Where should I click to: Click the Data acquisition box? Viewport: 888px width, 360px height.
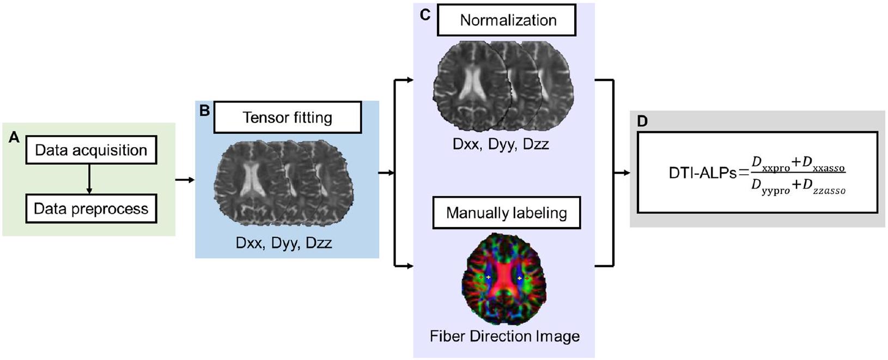click(91, 150)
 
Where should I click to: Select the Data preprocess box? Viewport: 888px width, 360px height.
click(91, 209)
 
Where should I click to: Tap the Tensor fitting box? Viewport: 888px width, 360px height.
click(287, 117)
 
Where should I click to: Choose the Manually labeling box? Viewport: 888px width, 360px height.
click(506, 212)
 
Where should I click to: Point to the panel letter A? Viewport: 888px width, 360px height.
click(14, 138)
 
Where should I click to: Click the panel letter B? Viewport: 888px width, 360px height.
click(205, 111)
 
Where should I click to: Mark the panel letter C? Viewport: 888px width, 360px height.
click(425, 15)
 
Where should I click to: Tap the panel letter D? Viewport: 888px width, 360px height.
click(642, 121)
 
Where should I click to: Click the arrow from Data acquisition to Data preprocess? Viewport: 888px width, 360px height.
click(89, 179)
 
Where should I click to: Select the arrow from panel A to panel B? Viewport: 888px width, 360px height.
click(185, 179)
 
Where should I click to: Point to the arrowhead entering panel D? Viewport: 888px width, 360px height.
click(626, 173)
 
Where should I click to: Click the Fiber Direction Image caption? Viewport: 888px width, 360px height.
click(504, 336)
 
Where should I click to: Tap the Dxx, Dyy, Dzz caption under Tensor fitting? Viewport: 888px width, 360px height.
click(284, 242)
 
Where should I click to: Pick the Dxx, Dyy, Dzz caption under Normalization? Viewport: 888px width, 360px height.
click(501, 144)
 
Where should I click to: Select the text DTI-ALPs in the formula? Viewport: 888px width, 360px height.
click(702, 173)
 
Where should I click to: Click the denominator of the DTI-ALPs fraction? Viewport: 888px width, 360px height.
click(798, 187)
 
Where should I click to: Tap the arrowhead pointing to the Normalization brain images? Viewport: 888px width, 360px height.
click(410, 80)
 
